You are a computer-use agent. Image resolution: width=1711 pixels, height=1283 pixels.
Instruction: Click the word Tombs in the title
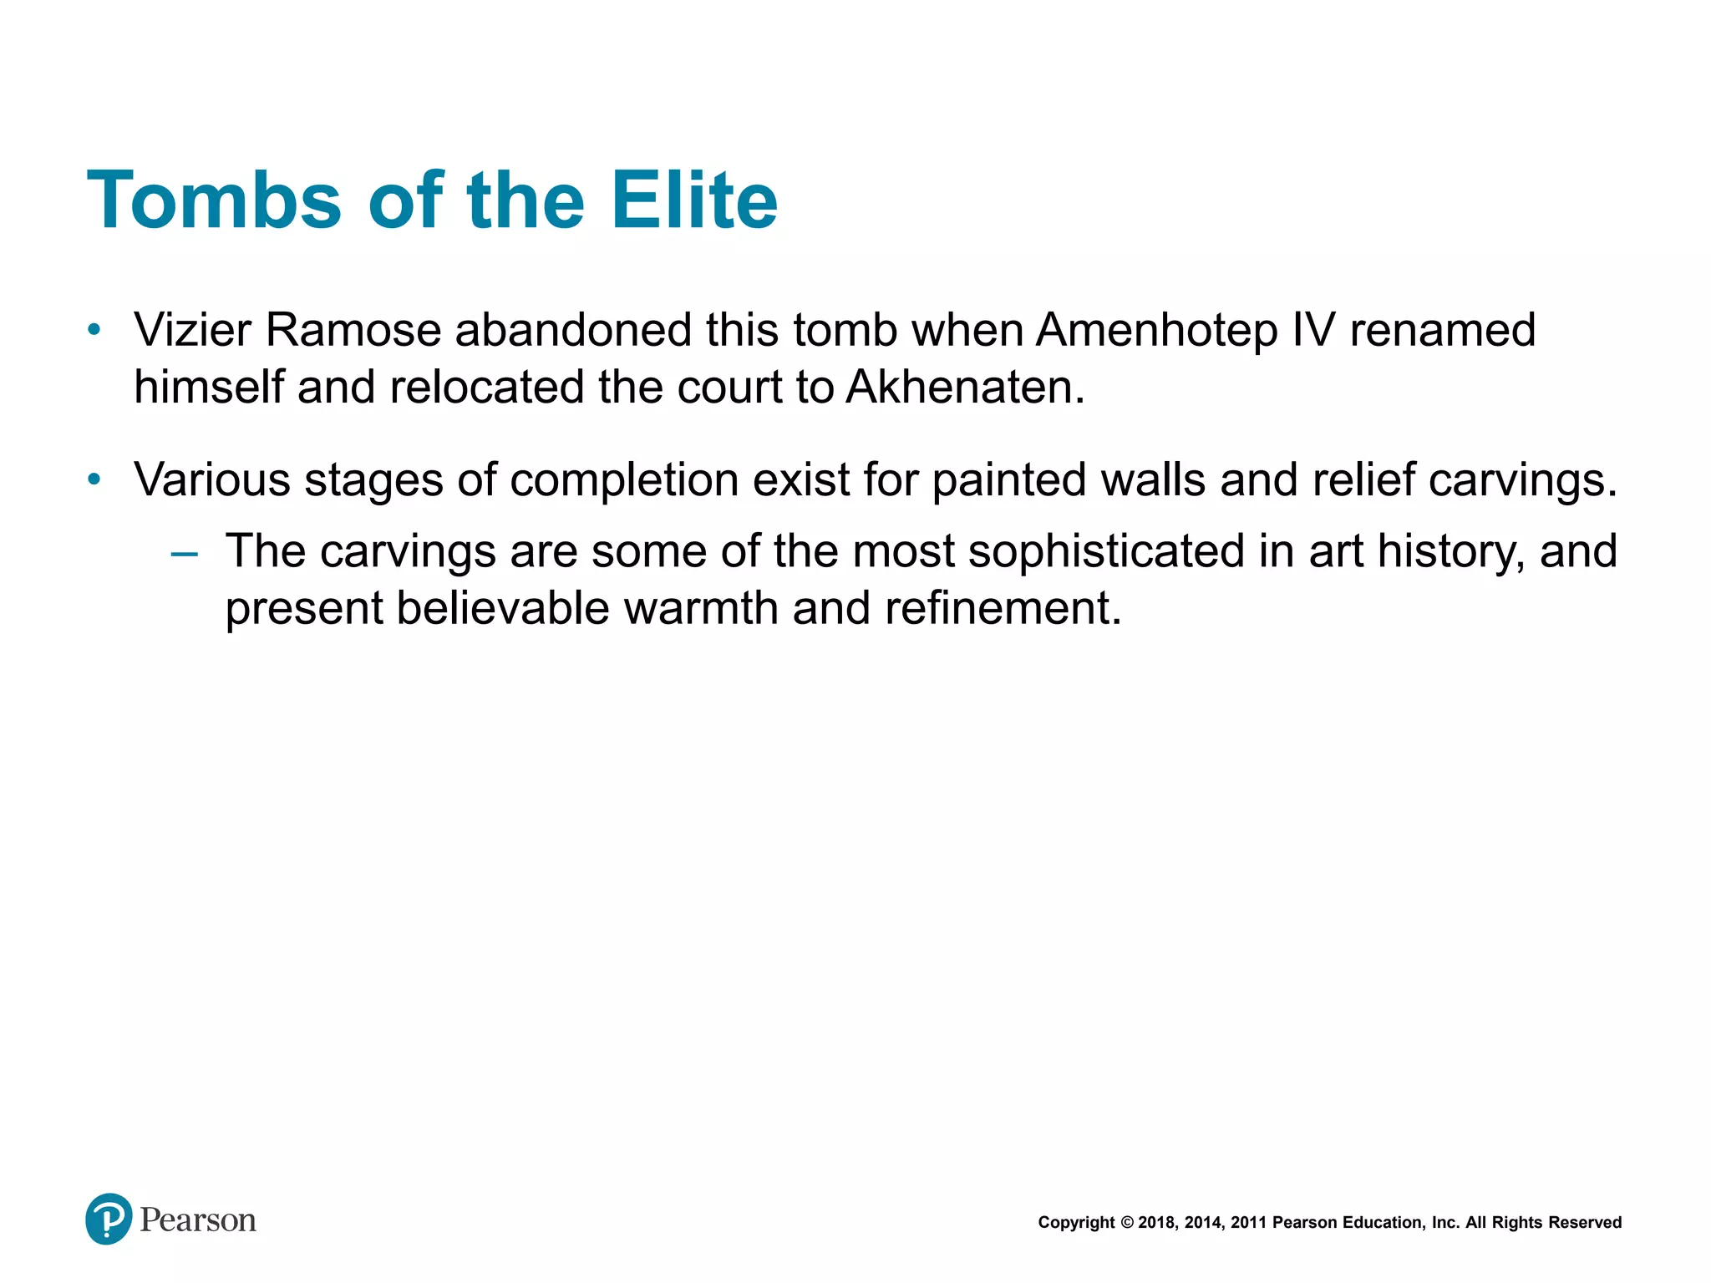[214, 200]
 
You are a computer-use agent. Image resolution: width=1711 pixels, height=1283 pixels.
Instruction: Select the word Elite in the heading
[693, 200]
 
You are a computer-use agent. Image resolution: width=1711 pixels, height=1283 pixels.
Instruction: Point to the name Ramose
[353, 330]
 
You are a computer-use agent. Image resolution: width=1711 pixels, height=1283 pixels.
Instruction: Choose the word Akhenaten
[965, 388]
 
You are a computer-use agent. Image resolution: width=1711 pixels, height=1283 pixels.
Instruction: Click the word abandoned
[573, 330]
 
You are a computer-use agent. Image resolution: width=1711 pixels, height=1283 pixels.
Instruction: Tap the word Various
[212, 480]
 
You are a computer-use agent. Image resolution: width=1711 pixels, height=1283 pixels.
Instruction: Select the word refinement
[1003, 608]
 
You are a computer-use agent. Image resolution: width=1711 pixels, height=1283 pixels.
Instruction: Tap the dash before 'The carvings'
[184, 553]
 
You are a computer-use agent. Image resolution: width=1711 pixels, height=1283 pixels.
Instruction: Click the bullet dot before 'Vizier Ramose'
[94, 330]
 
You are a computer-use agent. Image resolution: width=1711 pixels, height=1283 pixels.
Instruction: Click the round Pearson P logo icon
[109, 1219]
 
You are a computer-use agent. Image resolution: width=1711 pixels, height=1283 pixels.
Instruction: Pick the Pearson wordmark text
[198, 1220]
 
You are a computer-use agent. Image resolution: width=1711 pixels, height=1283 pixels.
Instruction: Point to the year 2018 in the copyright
[1156, 1223]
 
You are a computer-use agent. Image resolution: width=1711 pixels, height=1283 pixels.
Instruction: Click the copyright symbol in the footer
[1126, 1223]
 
